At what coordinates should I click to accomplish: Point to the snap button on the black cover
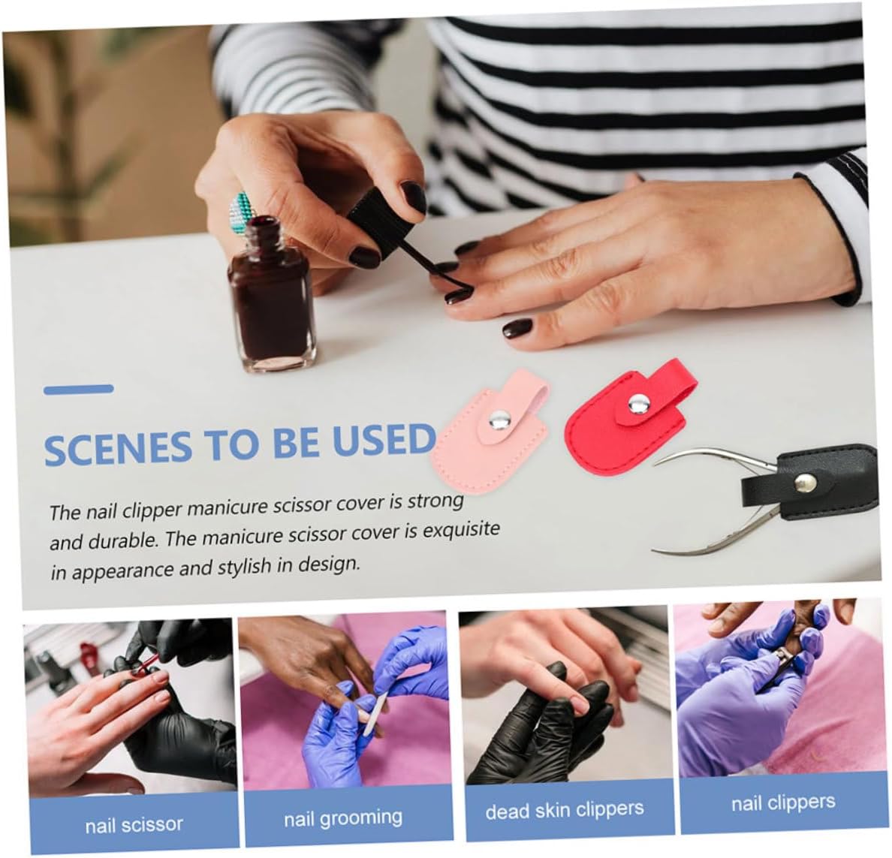tap(806, 484)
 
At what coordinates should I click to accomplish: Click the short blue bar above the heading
tap(79, 390)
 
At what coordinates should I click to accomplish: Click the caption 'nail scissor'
tap(134, 824)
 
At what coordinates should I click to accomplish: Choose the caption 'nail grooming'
tap(343, 818)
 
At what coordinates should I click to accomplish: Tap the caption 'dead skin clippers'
tap(565, 810)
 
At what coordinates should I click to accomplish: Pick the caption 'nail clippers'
tap(783, 803)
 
